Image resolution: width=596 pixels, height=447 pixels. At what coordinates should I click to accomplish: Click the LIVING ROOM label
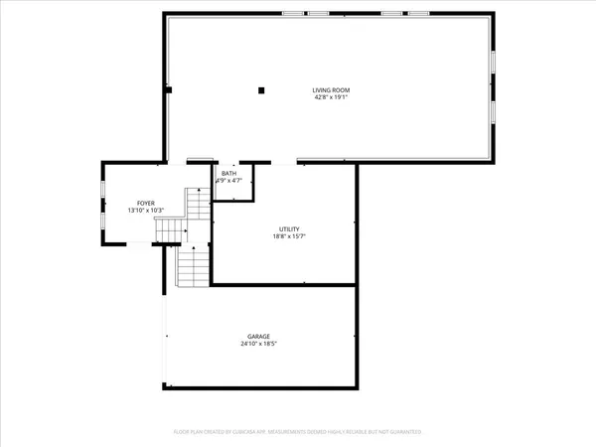(x=331, y=90)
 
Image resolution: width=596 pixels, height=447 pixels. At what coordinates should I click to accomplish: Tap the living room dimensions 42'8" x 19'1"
(x=331, y=98)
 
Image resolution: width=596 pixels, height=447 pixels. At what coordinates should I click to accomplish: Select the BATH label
(x=229, y=173)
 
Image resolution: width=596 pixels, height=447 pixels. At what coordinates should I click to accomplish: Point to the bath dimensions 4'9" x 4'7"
(x=229, y=181)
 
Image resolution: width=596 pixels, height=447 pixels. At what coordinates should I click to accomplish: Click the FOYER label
(x=146, y=203)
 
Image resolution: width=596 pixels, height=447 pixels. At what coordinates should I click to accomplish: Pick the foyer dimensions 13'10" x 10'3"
(x=146, y=211)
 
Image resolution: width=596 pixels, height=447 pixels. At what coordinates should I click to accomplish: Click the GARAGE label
(x=259, y=336)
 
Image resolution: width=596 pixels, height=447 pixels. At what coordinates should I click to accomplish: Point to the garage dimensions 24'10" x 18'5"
(x=259, y=344)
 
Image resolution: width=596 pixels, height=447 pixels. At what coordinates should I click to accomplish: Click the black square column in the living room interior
(x=261, y=90)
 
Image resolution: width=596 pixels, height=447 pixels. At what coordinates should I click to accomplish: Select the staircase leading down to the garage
(x=191, y=265)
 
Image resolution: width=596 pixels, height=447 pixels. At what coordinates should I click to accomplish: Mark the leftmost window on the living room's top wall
(x=292, y=14)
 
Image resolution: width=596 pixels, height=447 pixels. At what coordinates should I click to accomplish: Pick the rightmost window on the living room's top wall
(x=419, y=14)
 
